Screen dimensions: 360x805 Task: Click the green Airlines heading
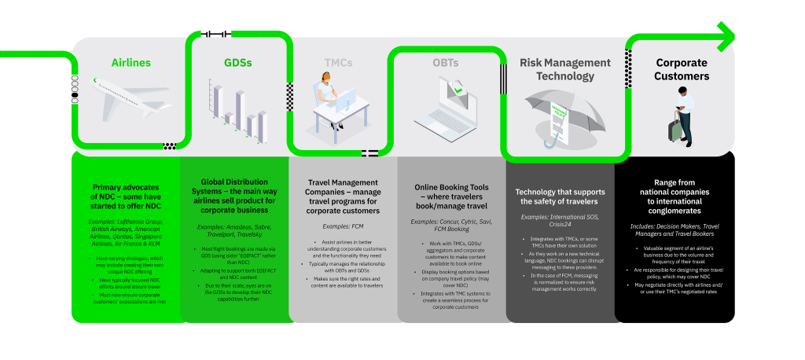[x=130, y=62]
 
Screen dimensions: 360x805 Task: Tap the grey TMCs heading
[x=339, y=62]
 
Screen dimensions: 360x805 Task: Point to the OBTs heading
[x=446, y=62]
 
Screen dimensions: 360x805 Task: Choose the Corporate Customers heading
[x=682, y=69]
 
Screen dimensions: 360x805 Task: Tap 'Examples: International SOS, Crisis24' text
[x=561, y=219]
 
